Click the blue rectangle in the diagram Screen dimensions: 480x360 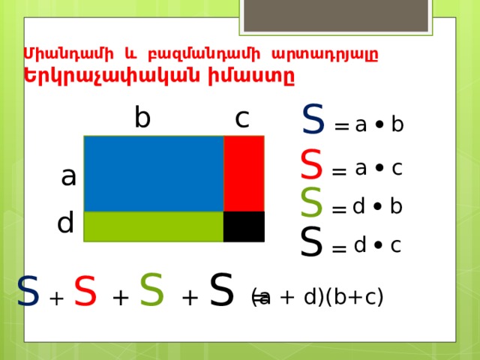(x=154, y=173)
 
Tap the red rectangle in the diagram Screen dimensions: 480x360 (x=244, y=173)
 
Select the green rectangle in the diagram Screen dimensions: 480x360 (x=154, y=226)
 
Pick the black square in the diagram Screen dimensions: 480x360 (x=244, y=226)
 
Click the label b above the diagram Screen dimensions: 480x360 (x=142, y=117)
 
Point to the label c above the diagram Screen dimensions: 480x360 (x=242, y=118)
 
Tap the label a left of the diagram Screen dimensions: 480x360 (x=68, y=177)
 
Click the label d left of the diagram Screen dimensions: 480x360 (x=65, y=222)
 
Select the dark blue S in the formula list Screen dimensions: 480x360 (x=313, y=119)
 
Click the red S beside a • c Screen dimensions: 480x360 (x=311, y=164)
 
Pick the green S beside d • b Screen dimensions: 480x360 (x=311, y=202)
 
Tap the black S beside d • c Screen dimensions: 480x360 (x=311, y=241)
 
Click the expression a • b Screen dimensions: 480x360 (x=379, y=124)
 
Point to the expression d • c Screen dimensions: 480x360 (x=377, y=245)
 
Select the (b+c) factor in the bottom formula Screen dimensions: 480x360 (x=355, y=296)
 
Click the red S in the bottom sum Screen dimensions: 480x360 (x=85, y=290)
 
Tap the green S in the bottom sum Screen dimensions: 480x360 (x=151, y=289)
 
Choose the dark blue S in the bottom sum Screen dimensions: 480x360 (x=28, y=290)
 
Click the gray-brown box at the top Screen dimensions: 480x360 (x=336, y=15)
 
